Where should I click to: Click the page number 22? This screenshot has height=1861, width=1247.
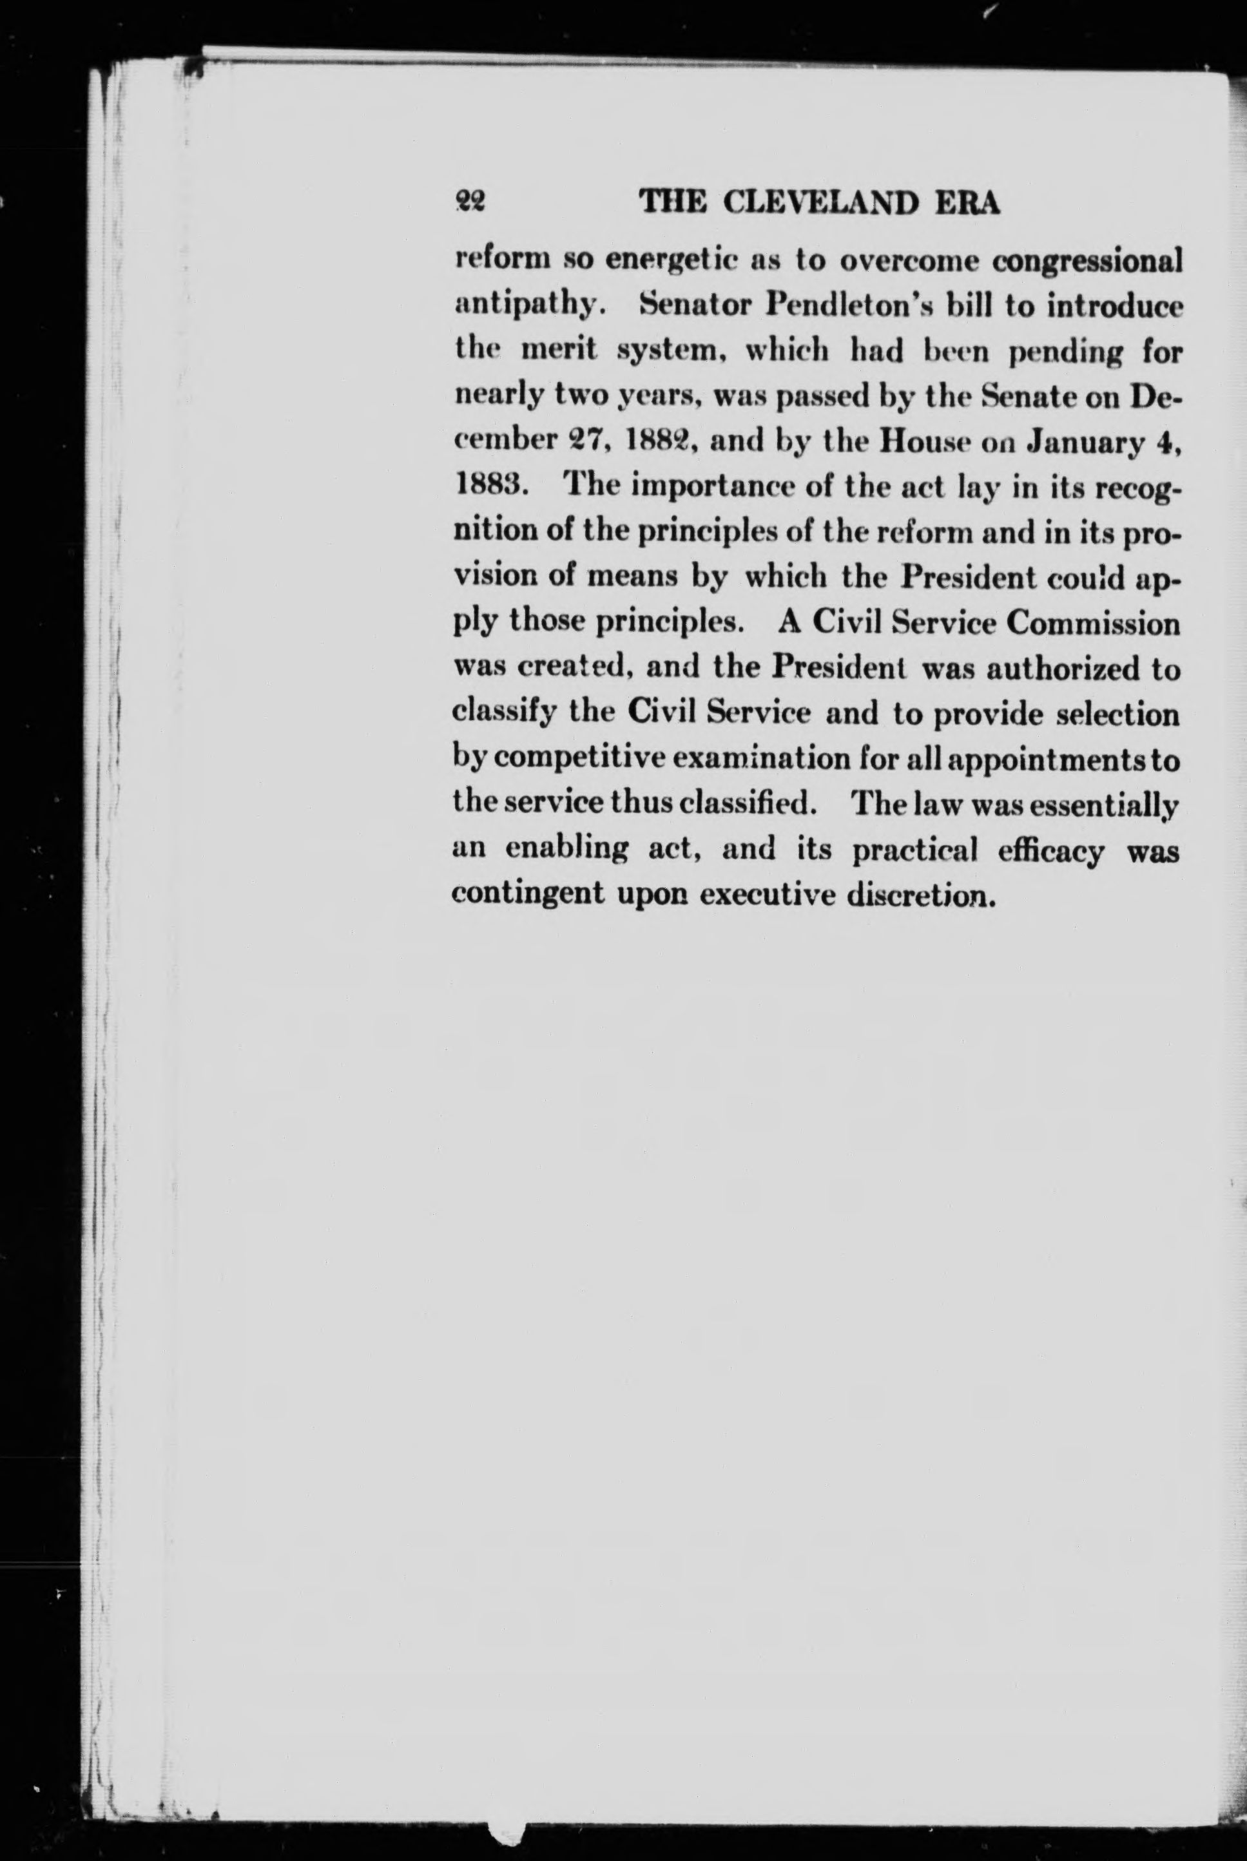(470, 203)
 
